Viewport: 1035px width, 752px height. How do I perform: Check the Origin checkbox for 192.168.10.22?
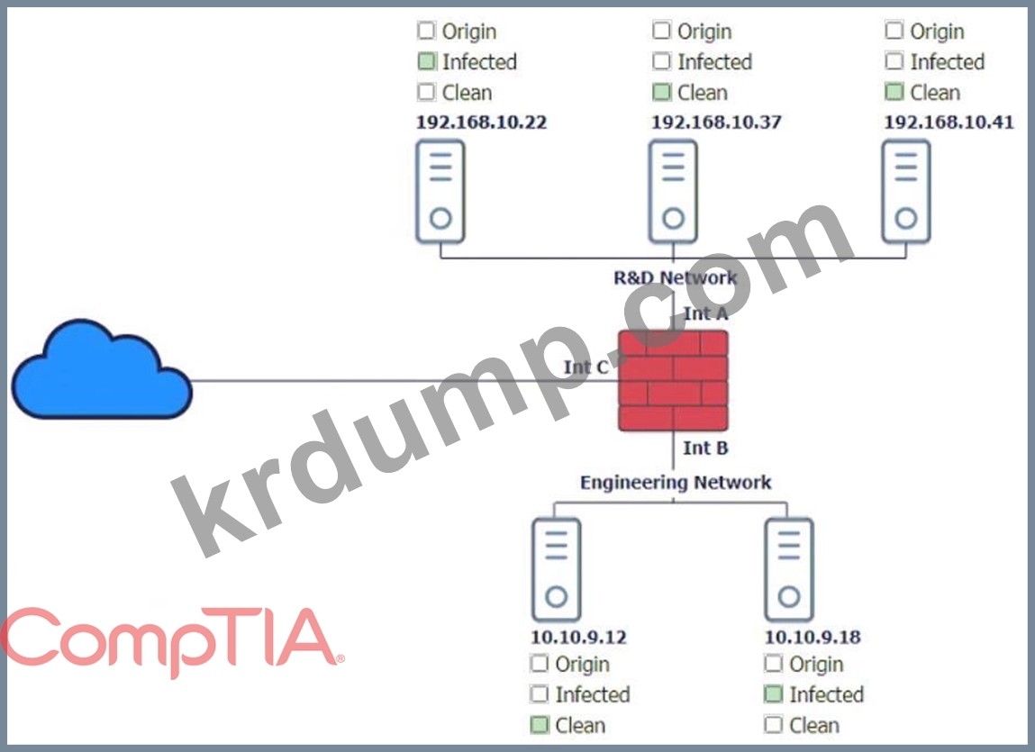426,32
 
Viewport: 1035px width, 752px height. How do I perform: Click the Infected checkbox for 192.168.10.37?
662,62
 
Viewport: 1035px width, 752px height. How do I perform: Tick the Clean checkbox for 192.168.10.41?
894,92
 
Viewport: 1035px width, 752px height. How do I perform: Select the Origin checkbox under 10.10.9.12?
540,665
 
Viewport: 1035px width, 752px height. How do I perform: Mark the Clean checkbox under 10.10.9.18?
774,725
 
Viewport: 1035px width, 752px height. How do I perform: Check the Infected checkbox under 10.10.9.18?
774,694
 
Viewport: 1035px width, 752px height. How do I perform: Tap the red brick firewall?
673,380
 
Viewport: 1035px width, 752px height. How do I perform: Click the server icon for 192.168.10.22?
440,192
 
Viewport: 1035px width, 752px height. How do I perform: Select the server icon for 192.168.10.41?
906,192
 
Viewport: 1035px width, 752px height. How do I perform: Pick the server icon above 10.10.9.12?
556,569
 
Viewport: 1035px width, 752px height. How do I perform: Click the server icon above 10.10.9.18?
789,569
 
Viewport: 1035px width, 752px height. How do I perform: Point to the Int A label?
705,313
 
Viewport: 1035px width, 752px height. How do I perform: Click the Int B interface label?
705,448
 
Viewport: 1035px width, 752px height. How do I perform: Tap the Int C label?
586,367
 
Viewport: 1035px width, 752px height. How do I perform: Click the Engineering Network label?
676,483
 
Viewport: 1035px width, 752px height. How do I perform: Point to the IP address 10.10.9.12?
578,638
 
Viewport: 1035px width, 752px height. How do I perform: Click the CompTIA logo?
171,641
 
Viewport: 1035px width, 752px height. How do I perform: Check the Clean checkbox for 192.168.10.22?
426,92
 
